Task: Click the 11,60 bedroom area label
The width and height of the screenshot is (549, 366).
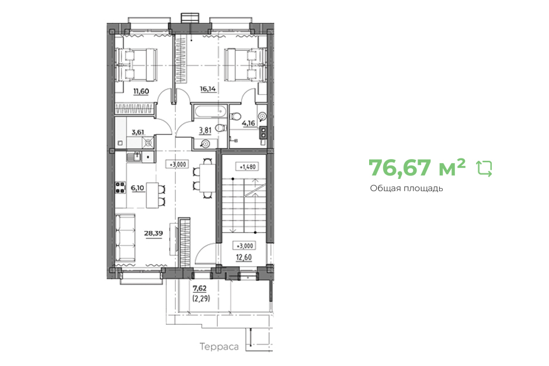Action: click(x=141, y=91)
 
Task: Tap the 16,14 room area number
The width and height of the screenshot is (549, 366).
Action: click(x=207, y=89)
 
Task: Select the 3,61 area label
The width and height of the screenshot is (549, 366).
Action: click(x=138, y=132)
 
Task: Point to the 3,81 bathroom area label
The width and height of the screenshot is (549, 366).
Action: click(x=205, y=130)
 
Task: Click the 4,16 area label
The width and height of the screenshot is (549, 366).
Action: click(x=249, y=123)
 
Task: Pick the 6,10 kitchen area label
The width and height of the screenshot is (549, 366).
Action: click(x=137, y=188)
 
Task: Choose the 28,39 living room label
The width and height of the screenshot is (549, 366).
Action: click(x=154, y=233)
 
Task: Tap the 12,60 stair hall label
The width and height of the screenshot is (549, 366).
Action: click(x=244, y=257)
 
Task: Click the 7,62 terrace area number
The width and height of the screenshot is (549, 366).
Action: click(x=200, y=288)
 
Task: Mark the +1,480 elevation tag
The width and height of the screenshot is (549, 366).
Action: click(x=248, y=167)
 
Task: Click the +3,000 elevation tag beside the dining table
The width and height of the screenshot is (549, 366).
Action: click(x=178, y=164)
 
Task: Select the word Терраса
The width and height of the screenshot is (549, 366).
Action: click(x=219, y=347)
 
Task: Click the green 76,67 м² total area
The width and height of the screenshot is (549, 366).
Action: click(x=417, y=168)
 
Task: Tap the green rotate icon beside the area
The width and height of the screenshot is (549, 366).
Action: click(x=485, y=168)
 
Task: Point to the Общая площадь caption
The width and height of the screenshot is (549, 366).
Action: click(x=406, y=188)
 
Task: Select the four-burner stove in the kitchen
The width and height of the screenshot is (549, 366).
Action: click(x=120, y=188)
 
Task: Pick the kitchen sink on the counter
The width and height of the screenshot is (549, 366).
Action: click(x=134, y=157)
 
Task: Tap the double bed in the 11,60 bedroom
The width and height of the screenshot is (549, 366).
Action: click(x=135, y=64)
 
